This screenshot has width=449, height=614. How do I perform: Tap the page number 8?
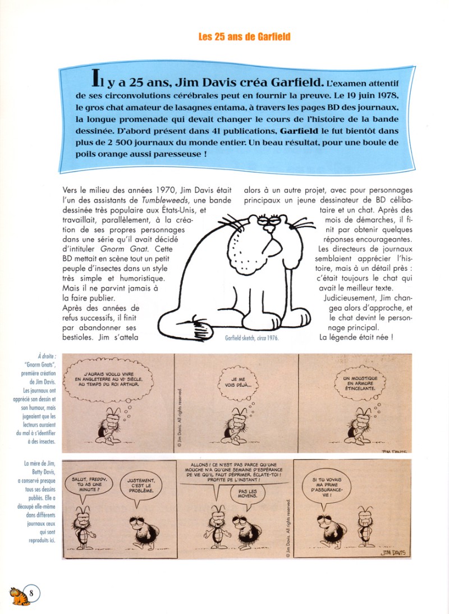pyautogui.click(x=31, y=593)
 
